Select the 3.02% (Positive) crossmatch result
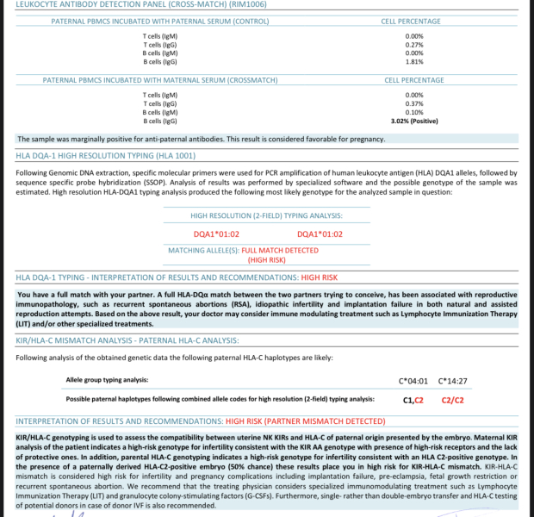tap(414, 121)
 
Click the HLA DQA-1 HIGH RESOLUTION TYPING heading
tap(104, 157)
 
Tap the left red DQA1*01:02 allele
tap(216, 234)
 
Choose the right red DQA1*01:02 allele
tap(320, 234)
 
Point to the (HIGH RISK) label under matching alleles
tap(266, 259)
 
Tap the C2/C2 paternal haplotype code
tap(452, 400)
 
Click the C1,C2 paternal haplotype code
tap(413, 400)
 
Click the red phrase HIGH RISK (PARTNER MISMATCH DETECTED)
tap(305, 421)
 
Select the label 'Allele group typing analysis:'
tap(107, 379)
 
